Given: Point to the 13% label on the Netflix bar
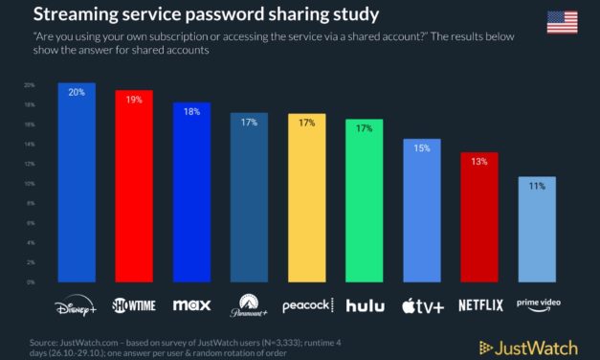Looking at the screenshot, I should [479, 162].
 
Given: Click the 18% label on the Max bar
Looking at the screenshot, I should [191, 111].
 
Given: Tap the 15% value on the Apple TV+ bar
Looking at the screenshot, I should [422, 147].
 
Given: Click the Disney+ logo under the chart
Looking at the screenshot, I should [77, 305].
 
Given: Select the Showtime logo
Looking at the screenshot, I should [134, 305].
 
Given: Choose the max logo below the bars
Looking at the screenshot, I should [191, 306].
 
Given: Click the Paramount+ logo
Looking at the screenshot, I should [249, 306].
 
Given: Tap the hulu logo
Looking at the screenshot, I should [365, 306].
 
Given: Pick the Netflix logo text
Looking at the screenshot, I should [479, 306].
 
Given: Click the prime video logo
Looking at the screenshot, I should [537, 304].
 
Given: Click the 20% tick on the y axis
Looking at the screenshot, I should [30, 84].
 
